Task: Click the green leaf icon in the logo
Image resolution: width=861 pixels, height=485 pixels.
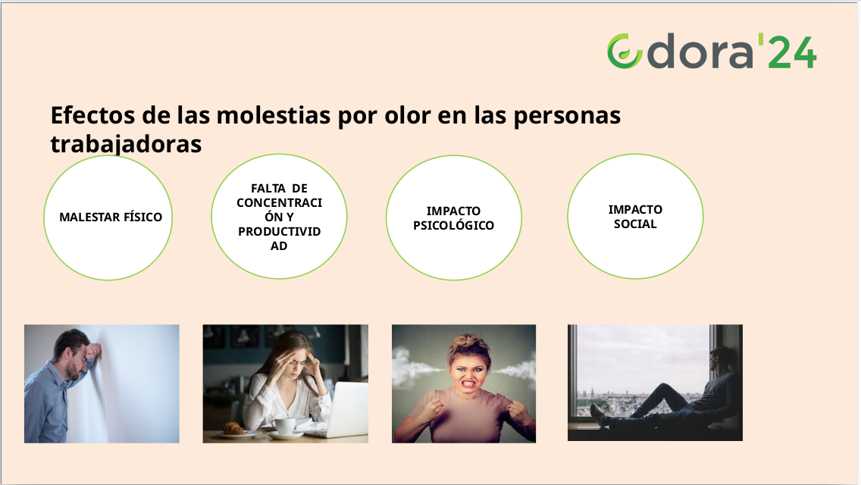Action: click(x=625, y=52)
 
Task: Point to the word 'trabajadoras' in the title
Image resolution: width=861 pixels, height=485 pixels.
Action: click(x=126, y=144)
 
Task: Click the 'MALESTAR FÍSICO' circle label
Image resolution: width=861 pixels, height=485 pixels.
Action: click(x=111, y=217)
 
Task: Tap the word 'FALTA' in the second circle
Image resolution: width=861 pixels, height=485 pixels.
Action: click(x=268, y=189)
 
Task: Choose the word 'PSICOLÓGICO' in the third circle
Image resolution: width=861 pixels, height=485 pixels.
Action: click(x=453, y=225)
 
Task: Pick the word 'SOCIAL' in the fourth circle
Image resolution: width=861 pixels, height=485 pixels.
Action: click(x=635, y=224)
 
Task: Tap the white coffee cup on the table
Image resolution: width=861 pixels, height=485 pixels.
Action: click(x=284, y=426)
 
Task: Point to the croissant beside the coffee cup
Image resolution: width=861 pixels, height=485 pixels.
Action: click(x=233, y=428)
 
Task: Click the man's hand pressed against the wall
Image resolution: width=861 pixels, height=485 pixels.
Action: click(x=93, y=350)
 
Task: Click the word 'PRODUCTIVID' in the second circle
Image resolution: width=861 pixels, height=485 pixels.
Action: click(x=279, y=232)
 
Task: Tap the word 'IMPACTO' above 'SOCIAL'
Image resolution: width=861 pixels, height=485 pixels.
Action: click(x=635, y=210)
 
